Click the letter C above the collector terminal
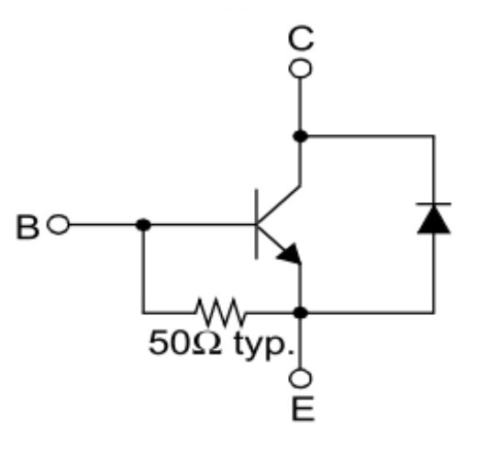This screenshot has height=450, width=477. coord(301,39)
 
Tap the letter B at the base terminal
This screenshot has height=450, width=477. coord(28,227)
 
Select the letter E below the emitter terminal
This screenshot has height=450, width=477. coord(303,409)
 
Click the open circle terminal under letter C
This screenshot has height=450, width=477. coord(301,69)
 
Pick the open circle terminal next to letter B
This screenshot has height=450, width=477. coord(58,224)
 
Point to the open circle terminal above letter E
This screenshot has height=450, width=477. coord(301,378)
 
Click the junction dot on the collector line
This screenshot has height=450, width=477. coord(300,136)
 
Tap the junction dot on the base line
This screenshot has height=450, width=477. coord(143,225)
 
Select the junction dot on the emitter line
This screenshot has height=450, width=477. coord(301,313)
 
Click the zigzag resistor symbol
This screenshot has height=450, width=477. coord(220,312)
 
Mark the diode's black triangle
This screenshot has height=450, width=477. coord(434,219)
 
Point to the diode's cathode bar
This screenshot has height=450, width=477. coord(434,203)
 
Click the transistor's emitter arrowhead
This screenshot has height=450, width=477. coord(290,253)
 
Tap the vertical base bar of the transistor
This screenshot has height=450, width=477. coord(256,224)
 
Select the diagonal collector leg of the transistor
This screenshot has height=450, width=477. coord(278,205)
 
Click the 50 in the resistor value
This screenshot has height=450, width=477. coord(167,343)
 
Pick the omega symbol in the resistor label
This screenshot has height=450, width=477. coord(206,343)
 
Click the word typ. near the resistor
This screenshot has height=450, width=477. coord(263,345)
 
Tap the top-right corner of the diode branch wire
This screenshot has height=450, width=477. coord(434,136)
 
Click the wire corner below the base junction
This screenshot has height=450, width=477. coord(143,313)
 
